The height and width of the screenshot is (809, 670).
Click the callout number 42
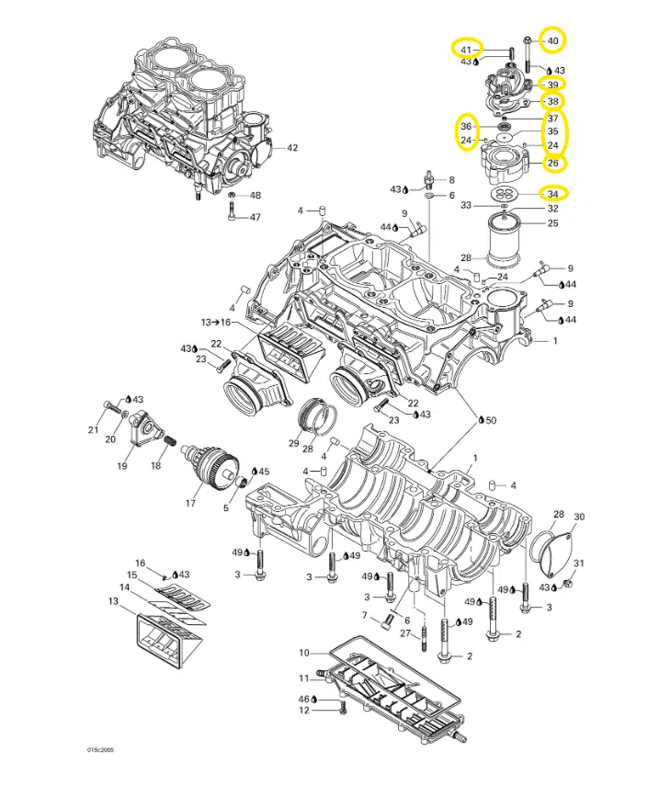(292, 147)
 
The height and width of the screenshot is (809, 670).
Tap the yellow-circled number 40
(552, 40)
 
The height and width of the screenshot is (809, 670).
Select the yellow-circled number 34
(552, 193)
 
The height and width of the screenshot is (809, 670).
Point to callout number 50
(491, 419)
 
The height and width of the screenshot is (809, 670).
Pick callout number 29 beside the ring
(293, 443)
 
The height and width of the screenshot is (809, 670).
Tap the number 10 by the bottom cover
(304, 653)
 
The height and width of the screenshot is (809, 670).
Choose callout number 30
(579, 517)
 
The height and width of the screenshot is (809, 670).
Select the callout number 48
(256, 196)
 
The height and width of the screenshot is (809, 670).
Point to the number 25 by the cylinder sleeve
(552, 222)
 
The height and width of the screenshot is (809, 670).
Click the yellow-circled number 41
(466, 49)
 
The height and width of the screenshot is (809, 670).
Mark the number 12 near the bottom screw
(304, 711)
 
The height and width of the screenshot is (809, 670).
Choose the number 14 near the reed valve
(123, 587)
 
